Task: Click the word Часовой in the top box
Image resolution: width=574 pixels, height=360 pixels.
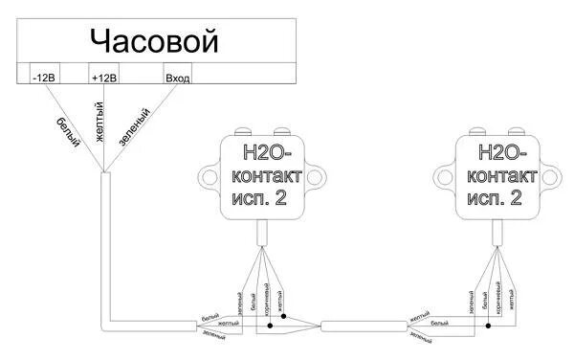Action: pos(154,41)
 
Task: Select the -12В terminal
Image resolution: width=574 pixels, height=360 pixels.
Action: pos(45,77)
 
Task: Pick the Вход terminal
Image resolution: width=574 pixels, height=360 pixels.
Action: pos(178,77)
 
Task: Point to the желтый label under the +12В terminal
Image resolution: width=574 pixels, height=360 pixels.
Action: pos(98,127)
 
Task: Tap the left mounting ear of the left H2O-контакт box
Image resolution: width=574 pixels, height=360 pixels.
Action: pos(208,176)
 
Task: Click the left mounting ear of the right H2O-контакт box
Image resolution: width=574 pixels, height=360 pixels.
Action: pos(442,176)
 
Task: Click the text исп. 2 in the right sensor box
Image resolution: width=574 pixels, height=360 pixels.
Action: pos(494,198)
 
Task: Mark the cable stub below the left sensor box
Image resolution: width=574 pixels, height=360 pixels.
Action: pos(261,233)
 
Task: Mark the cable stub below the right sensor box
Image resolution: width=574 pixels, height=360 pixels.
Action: pos(496,233)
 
